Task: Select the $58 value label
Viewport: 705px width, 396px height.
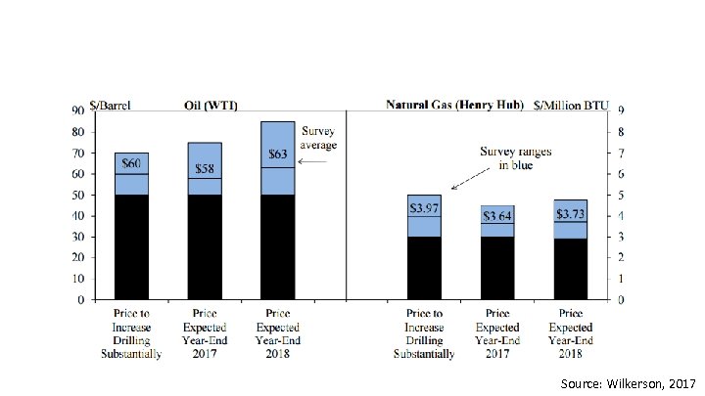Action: [x=204, y=169]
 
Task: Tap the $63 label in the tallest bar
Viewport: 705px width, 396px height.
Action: [x=277, y=154]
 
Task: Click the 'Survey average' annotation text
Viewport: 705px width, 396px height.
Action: [x=318, y=138]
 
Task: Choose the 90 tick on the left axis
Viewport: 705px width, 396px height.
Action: [x=76, y=110]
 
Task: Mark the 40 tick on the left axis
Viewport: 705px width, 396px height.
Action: [x=76, y=216]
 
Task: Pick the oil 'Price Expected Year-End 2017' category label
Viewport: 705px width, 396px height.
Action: [x=204, y=332]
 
